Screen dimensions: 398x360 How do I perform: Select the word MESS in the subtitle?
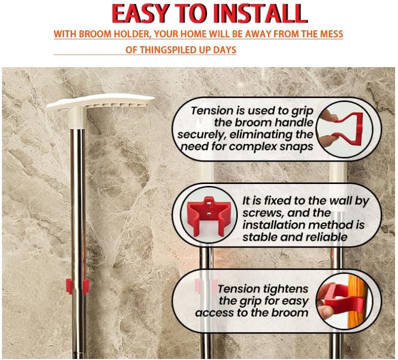pyautogui.click(x=331, y=34)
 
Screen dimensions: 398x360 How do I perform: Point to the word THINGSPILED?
pyautogui.click(x=162, y=50)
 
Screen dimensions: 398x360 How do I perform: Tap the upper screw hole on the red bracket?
pyautogui.click(x=208, y=203)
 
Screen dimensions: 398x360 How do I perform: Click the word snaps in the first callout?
pyautogui.click(x=297, y=147)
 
